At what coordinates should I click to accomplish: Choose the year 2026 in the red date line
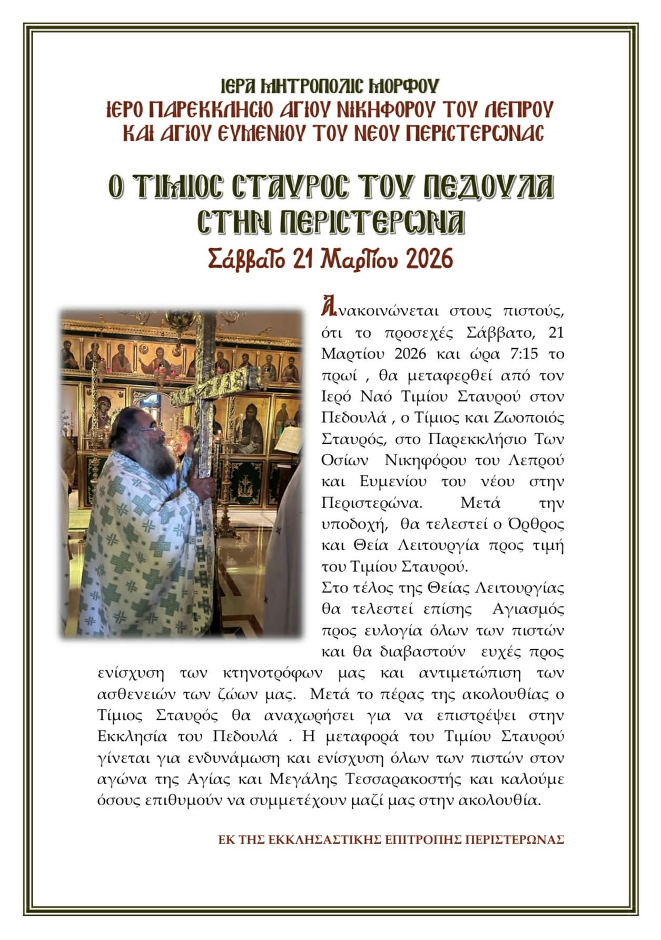[x=428, y=259]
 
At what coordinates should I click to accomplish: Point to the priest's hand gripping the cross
[x=203, y=482]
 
